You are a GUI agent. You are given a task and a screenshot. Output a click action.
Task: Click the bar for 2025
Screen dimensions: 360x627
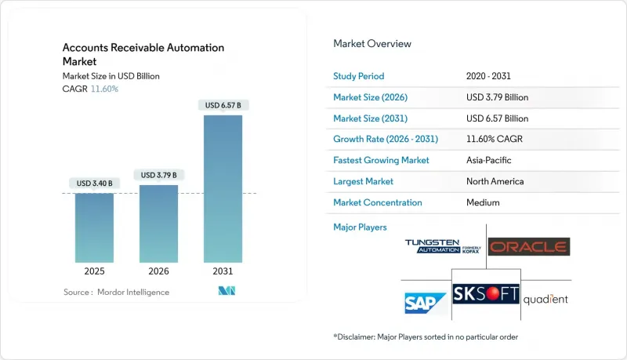[94, 227]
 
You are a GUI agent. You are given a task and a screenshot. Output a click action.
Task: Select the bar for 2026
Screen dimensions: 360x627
[158, 224]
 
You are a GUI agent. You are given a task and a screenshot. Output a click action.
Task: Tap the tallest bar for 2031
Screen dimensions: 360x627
[223, 188]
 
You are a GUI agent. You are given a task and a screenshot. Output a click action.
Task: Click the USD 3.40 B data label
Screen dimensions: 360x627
[94, 184]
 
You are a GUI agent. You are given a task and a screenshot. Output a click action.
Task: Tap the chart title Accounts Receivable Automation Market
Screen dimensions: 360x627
[143, 54]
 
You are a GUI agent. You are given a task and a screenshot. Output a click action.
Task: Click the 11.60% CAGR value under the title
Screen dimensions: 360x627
[104, 89]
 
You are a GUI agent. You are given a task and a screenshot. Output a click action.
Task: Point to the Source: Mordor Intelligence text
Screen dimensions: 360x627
[117, 292]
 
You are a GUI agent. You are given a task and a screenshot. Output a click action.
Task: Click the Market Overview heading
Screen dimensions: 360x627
[371, 44]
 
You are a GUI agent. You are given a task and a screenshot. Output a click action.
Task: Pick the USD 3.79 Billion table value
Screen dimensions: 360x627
[497, 97]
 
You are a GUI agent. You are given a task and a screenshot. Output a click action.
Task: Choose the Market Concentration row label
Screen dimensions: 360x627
[378, 202]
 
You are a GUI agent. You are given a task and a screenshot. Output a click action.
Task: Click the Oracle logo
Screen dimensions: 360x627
[528, 247]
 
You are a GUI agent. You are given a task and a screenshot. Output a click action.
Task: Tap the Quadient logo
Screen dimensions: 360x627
[545, 299]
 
